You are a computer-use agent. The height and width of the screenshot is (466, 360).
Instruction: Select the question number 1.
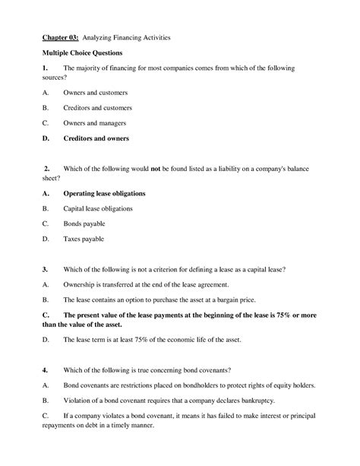(45, 68)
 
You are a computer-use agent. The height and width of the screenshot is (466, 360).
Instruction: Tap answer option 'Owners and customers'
(95, 92)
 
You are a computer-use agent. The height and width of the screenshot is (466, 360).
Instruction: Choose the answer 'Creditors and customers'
(97, 107)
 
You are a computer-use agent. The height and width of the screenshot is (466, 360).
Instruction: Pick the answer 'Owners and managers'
(94, 122)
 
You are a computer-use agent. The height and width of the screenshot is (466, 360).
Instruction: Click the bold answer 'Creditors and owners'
(96, 138)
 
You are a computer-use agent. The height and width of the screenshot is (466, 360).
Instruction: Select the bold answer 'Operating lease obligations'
(104, 193)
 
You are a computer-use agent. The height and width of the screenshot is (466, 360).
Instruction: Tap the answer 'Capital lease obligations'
(98, 208)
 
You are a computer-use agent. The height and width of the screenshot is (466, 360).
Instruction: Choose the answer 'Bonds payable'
(84, 223)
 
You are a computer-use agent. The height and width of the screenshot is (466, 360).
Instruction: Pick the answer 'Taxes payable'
(84, 239)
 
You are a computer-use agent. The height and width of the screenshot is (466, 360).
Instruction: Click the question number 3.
(45, 269)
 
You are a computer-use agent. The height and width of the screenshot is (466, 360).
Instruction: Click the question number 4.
(45, 369)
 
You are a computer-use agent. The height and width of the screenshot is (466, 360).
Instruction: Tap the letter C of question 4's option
(46, 416)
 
